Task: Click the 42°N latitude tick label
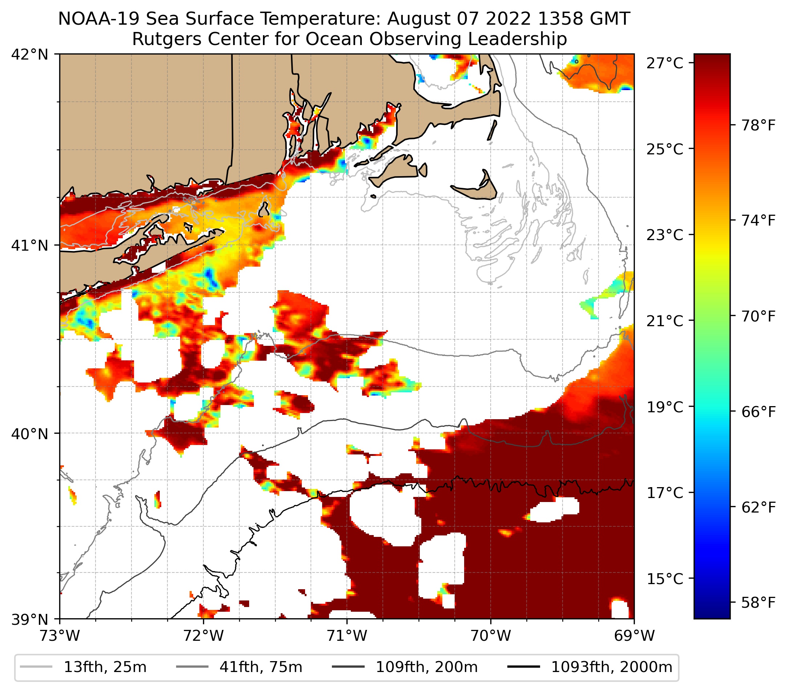click(29, 55)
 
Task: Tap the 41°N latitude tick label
click(29, 245)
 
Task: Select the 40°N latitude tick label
click(29, 434)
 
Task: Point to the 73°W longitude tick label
click(60, 636)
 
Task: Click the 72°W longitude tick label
click(203, 636)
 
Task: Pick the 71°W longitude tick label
click(347, 636)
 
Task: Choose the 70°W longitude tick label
click(491, 636)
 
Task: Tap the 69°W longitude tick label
click(634, 636)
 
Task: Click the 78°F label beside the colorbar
click(759, 125)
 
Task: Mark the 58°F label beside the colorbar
click(759, 602)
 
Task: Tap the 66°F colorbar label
click(759, 412)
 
